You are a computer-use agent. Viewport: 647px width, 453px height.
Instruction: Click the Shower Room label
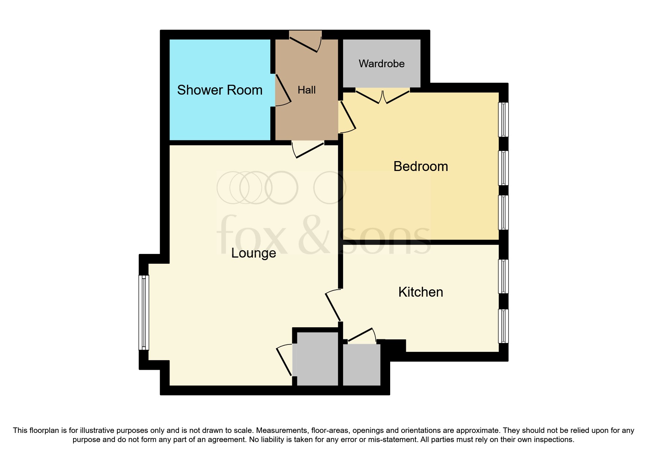tap(220, 90)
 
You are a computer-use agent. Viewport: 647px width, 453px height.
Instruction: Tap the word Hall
tap(306, 90)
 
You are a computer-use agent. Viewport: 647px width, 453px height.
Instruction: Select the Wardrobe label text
tap(381, 64)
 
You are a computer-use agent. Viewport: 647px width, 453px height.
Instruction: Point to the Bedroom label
tap(420, 166)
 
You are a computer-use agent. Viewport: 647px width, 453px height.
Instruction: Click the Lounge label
tap(254, 253)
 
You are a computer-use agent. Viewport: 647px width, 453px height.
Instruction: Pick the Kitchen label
tap(420, 292)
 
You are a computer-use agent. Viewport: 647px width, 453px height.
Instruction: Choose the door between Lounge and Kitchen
tap(333, 305)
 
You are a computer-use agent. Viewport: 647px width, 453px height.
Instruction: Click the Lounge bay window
tap(144, 312)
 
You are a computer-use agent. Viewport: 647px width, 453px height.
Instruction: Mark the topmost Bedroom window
tap(503, 119)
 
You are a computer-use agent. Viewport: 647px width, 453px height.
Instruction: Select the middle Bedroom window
tap(503, 168)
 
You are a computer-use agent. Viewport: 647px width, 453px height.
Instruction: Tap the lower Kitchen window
tap(503, 326)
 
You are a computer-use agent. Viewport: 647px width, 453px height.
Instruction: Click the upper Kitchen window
tap(503, 276)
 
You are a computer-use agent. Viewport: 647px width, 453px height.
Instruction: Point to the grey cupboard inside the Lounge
tap(317, 358)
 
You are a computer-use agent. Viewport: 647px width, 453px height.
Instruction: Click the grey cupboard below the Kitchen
tap(361, 364)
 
